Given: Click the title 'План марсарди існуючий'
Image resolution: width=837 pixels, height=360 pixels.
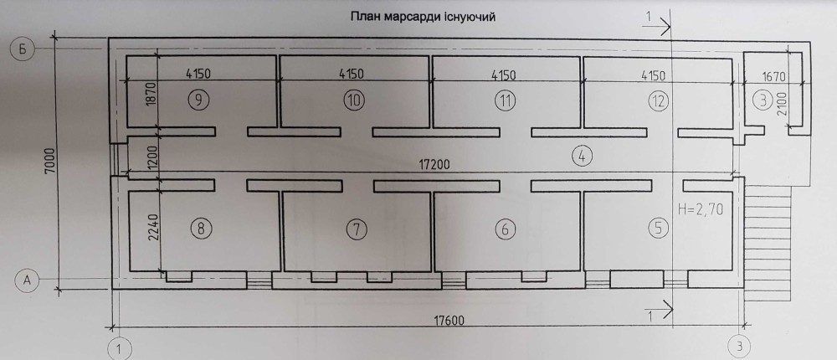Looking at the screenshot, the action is pyautogui.click(x=423, y=17).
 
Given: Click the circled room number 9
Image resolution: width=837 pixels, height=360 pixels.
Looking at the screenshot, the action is pyautogui.click(x=198, y=100).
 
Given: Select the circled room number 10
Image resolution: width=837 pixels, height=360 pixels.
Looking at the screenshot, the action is pyautogui.click(x=354, y=100).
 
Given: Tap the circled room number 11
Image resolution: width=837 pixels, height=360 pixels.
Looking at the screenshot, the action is pyautogui.click(x=506, y=100).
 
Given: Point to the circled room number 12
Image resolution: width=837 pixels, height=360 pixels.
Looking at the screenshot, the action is pyautogui.click(x=658, y=101).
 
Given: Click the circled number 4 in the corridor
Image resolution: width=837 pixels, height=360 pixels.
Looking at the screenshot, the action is pyautogui.click(x=582, y=156).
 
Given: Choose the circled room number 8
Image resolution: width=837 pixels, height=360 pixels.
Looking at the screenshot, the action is pyautogui.click(x=201, y=229).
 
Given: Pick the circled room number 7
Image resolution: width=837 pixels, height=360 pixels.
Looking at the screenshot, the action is pyautogui.click(x=357, y=229).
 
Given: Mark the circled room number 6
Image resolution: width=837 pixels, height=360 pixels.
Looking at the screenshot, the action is pyautogui.click(x=506, y=229).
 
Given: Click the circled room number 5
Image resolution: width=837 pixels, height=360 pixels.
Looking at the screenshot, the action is pyautogui.click(x=658, y=229).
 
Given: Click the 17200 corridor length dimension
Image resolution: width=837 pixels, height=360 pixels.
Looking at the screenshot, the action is pyautogui.click(x=434, y=164).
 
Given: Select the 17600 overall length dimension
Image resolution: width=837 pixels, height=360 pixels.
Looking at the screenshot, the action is pyautogui.click(x=449, y=321).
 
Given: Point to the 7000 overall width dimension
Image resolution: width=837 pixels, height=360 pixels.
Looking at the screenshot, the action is pyautogui.click(x=49, y=164).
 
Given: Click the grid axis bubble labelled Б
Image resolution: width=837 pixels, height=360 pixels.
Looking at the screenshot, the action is pyautogui.click(x=23, y=49).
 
